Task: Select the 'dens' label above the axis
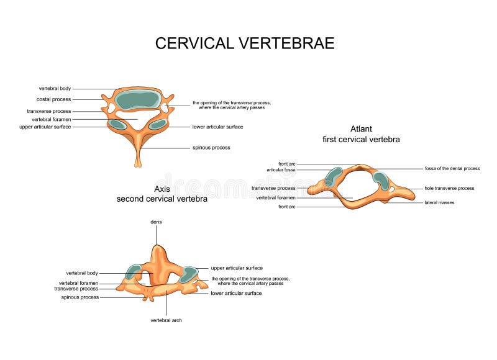(x=156, y=221)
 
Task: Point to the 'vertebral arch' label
(x=166, y=320)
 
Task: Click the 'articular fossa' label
(x=281, y=169)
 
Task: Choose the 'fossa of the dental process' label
(x=452, y=169)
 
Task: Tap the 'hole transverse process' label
(x=449, y=188)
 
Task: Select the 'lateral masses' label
(x=439, y=202)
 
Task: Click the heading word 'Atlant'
(x=361, y=129)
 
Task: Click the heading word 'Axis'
(x=162, y=189)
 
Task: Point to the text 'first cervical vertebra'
(x=361, y=140)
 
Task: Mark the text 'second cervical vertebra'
(x=162, y=199)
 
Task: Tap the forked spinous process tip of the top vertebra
(x=137, y=163)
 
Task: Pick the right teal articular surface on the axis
(x=188, y=274)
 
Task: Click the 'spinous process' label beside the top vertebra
(x=211, y=148)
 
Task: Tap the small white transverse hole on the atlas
(x=391, y=188)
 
